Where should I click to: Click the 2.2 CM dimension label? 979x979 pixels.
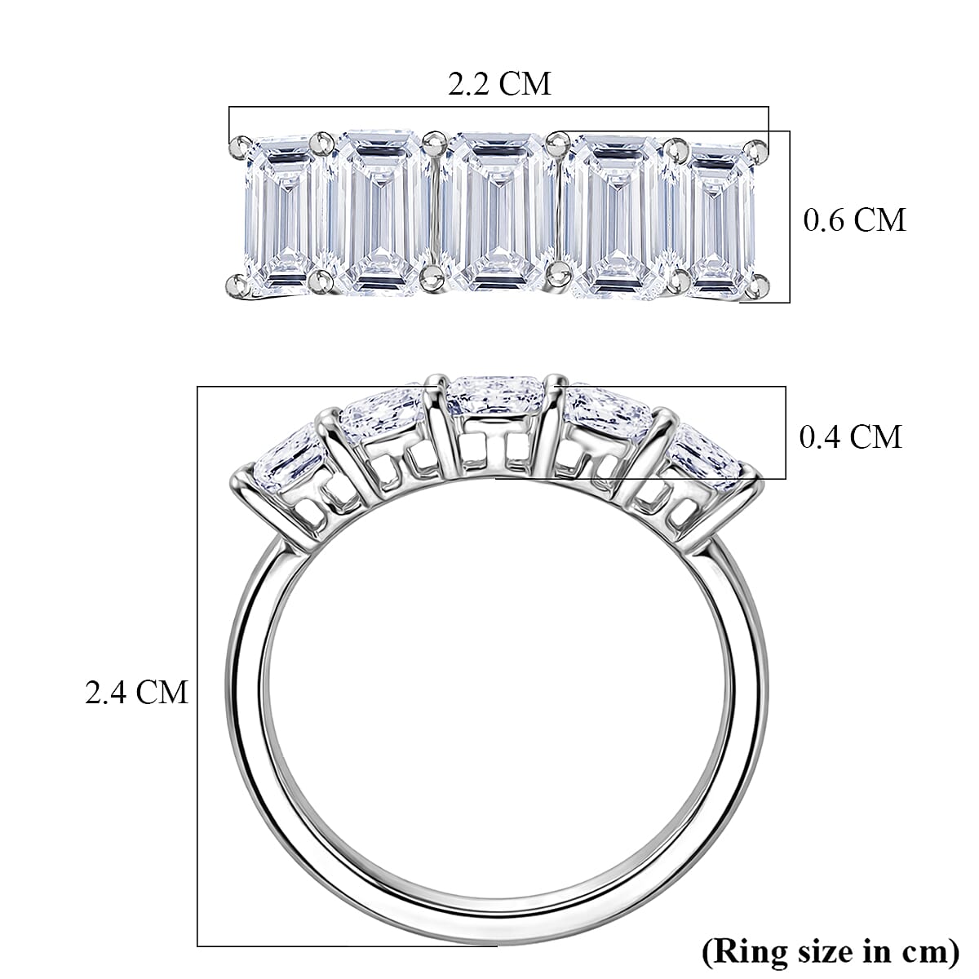pos(499,83)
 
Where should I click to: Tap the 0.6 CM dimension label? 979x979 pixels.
pos(854,219)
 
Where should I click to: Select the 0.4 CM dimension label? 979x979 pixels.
pos(850,436)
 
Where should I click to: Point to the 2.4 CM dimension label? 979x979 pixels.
pos(136,692)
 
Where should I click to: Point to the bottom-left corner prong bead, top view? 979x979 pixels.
pos(236,285)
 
